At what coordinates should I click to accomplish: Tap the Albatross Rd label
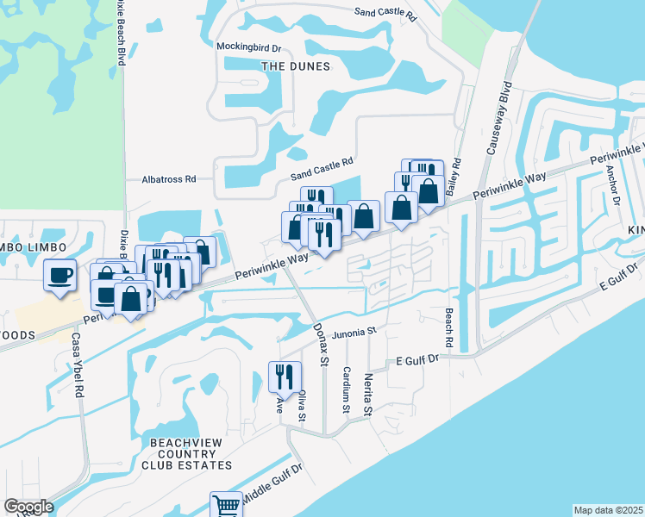click(169, 179)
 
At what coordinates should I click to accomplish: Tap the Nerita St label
click(367, 396)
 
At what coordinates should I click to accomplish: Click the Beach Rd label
click(449, 328)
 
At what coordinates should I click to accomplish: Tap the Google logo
click(28, 507)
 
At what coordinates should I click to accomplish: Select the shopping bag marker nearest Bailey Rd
click(428, 190)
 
